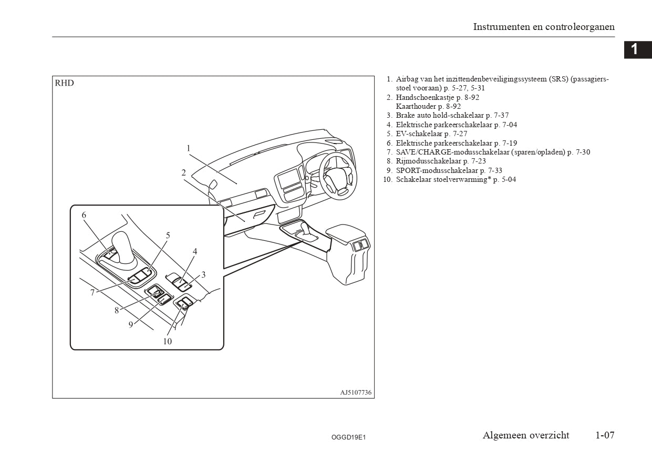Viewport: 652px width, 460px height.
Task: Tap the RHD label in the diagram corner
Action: click(x=65, y=83)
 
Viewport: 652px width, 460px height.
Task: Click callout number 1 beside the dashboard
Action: click(x=188, y=148)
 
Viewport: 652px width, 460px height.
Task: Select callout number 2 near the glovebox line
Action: click(x=184, y=172)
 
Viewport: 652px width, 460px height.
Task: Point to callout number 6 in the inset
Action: click(x=84, y=214)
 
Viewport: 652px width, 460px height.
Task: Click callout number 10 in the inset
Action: click(x=167, y=341)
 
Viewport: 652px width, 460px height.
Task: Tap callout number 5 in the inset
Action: click(x=168, y=236)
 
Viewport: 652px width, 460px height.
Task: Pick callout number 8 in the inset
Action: click(x=117, y=310)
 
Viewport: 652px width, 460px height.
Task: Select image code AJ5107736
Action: click(x=356, y=393)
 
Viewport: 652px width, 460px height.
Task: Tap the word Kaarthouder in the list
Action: click(x=412, y=106)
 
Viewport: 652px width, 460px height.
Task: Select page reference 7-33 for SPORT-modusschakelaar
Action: click(x=495, y=170)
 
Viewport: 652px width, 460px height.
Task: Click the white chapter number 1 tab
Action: click(x=635, y=49)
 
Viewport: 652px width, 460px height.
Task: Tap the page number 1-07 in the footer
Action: click(x=605, y=435)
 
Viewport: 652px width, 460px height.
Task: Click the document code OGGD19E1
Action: click(x=348, y=437)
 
